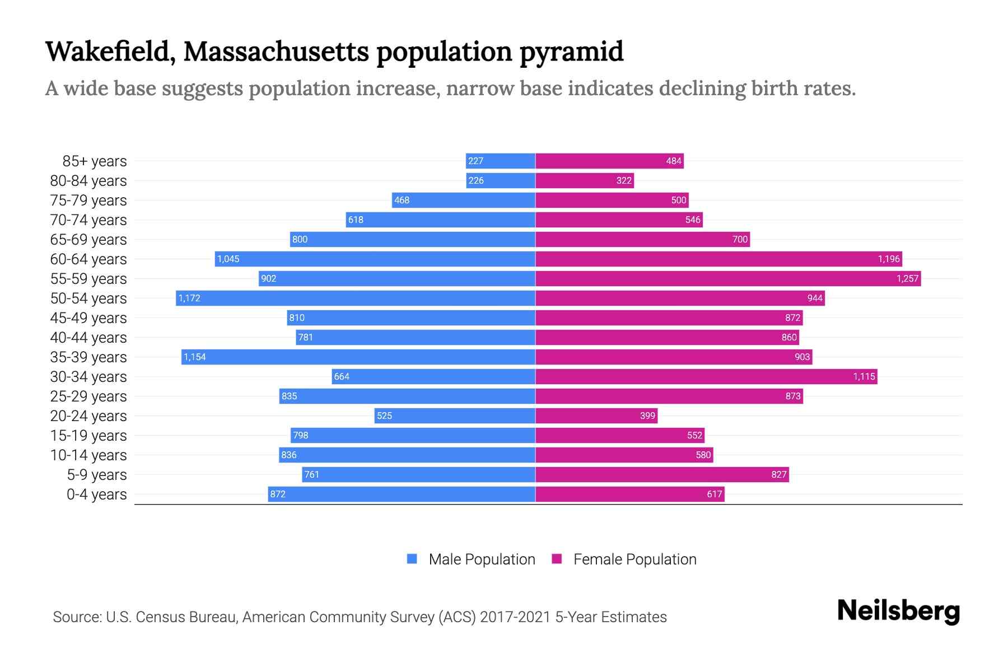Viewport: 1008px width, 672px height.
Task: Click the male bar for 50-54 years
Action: pyautogui.click(x=356, y=298)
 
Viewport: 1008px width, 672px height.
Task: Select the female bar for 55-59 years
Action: pyautogui.click(x=728, y=278)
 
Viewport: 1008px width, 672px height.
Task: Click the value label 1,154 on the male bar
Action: pyautogui.click(x=195, y=357)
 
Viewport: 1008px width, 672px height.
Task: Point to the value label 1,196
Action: pyautogui.click(x=889, y=259)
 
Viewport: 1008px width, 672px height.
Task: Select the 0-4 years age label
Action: pyautogui.click(x=96, y=494)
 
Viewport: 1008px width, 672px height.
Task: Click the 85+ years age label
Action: pyautogui.click(x=95, y=161)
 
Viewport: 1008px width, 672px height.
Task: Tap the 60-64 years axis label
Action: pyautogui.click(x=88, y=259)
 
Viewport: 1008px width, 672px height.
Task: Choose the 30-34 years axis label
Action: pyautogui.click(x=88, y=377)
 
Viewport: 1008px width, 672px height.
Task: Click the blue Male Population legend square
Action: pyautogui.click(x=412, y=559)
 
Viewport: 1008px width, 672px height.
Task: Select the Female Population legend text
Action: pyautogui.click(x=634, y=559)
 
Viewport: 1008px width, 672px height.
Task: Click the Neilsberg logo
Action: pyautogui.click(x=898, y=611)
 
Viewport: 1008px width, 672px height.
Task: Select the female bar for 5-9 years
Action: pyautogui.click(x=662, y=474)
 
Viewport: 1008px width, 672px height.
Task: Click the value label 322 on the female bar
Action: pyautogui.click(x=624, y=180)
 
